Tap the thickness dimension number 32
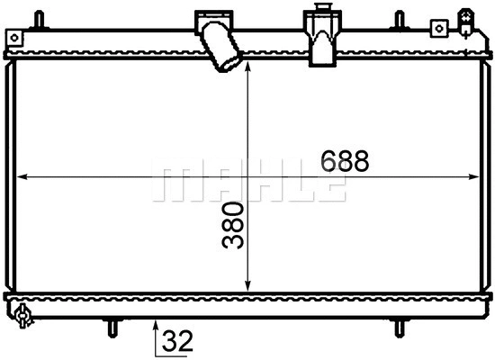pyautogui.click(x=176, y=341)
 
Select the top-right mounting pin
pyautogui.click(x=397, y=20)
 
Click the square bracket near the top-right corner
pyautogui.click(x=438, y=28)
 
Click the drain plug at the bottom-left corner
pyautogui.click(x=22, y=315)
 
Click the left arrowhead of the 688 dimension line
pyautogui.click(x=22, y=177)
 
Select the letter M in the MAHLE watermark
pyautogui.click(x=170, y=183)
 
